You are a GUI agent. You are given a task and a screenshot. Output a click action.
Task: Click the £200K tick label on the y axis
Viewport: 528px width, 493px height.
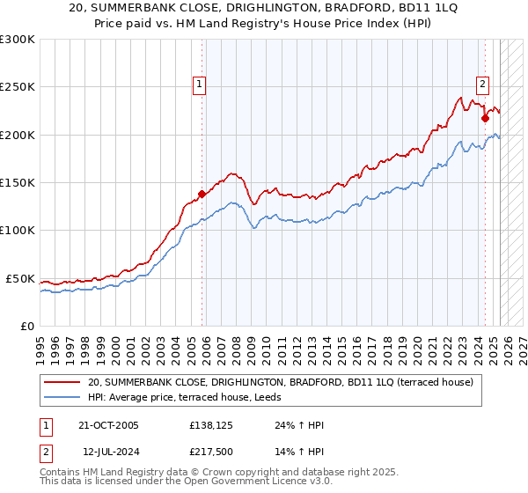(17, 136)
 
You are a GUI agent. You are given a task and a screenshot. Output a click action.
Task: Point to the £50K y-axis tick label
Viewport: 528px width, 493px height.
(19, 279)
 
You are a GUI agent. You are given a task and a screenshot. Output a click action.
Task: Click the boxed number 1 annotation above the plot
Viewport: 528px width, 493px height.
(201, 85)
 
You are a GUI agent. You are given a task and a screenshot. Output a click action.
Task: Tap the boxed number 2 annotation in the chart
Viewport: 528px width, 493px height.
(483, 85)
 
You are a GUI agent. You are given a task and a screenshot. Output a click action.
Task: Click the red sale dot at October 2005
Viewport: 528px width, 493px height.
(202, 194)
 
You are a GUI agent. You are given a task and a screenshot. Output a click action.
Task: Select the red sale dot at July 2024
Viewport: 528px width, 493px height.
(485, 118)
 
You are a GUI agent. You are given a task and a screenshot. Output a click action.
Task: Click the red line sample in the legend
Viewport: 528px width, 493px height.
(62, 382)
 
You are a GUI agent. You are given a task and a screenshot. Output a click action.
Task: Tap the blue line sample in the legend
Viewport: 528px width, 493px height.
(62, 397)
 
